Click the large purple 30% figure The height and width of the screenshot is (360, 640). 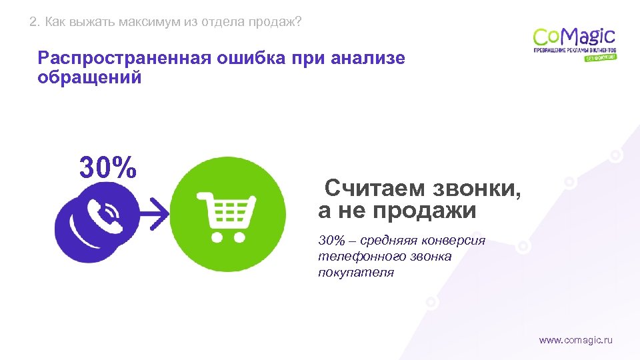(109, 167)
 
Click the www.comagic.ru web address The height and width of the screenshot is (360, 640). (575, 340)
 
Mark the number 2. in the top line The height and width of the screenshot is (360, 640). (35, 23)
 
